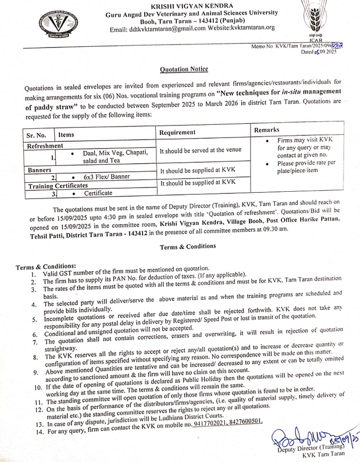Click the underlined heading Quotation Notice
click(x=184, y=69)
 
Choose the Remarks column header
click(x=267, y=130)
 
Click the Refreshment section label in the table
click(x=45, y=145)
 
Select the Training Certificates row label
click(x=57, y=185)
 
